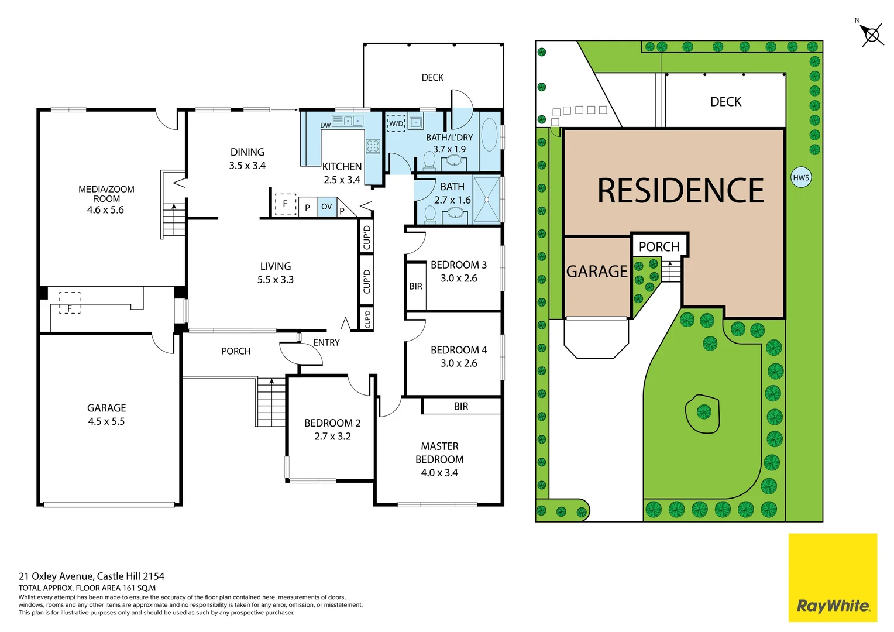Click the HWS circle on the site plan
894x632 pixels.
pyautogui.click(x=800, y=177)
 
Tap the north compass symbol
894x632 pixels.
pyautogui.click(x=871, y=35)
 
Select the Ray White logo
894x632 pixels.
pyautogui.click(x=833, y=578)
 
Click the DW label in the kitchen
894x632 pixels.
pyautogui.click(x=325, y=125)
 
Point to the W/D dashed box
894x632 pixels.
pyautogui.click(x=396, y=123)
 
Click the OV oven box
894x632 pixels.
pyautogui.click(x=326, y=207)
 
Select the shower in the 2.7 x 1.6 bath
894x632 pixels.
pyautogui.click(x=487, y=200)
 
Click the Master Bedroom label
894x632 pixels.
pyautogui.click(x=439, y=453)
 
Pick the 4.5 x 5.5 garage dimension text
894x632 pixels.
pyautogui.click(x=106, y=421)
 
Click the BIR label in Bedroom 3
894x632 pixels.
pyautogui.click(x=415, y=286)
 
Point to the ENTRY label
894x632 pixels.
pyautogui.click(x=326, y=342)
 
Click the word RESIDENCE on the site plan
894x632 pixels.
pyautogui.click(x=680, y=191)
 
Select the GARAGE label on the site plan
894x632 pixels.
pyautogui.click(x=597, y=272)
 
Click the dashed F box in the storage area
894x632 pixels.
pyautogui.click(x=70, y=303)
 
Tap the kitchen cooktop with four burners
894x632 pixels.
pyautogui.click(x=373, y=146)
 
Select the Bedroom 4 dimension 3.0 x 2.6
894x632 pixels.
pyautogui.click(x=459, y=363)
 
